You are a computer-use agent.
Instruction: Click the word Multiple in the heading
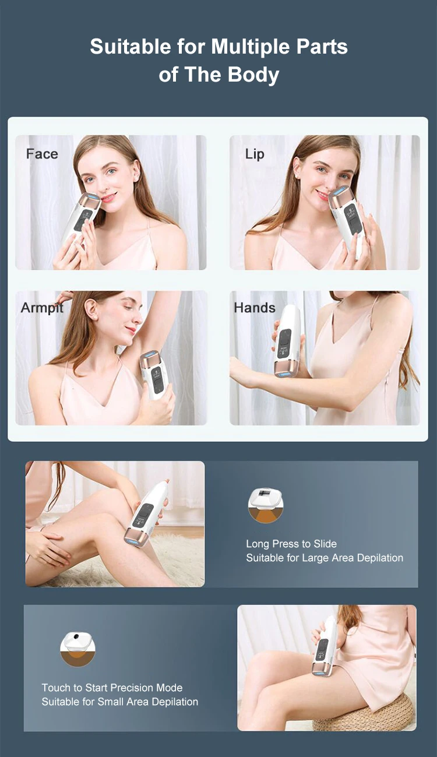(251, 47)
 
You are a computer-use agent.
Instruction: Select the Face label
(43, 154)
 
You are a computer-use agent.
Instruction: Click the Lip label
(255, 154)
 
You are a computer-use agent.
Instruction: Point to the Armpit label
(43, 308)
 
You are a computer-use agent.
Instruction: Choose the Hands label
(255, 308)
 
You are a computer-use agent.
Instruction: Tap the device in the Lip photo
(347, 220)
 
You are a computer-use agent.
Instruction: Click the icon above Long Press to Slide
(266, 505)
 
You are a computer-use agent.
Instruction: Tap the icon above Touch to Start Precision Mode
(77, 649)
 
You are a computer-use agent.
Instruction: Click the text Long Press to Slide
(291, 544)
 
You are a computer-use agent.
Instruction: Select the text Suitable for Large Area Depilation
(325, 558)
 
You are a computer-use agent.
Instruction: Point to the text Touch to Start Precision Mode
(112, 688)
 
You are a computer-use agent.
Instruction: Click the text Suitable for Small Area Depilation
(119, 702)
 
